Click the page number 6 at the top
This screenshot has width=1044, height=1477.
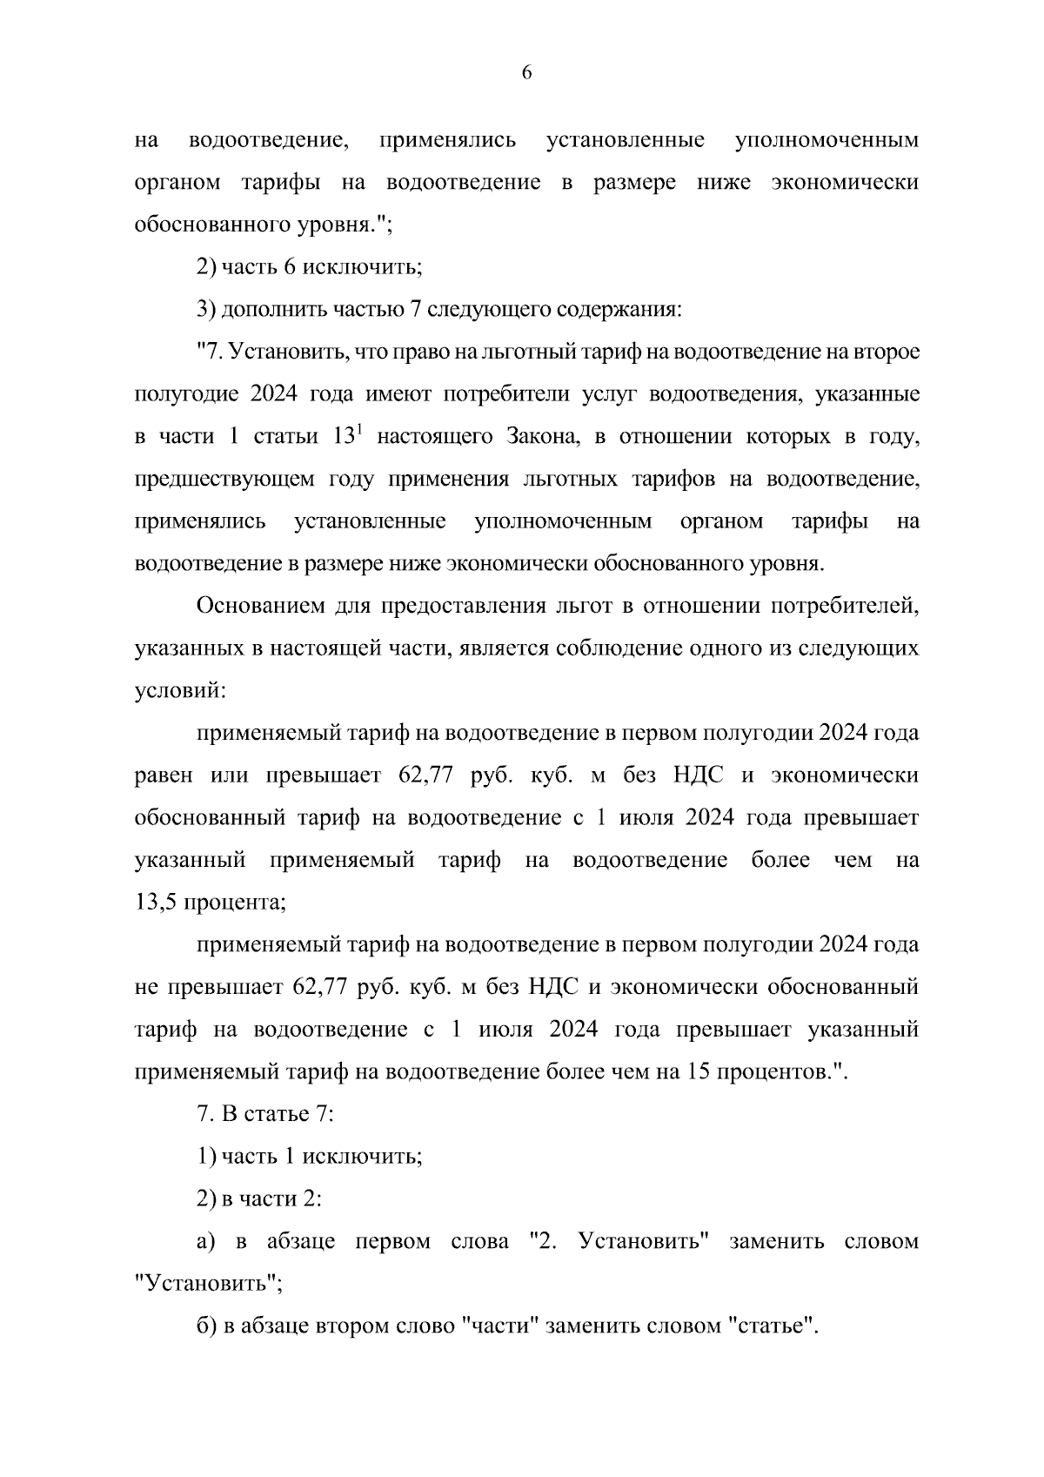tap(526, 73)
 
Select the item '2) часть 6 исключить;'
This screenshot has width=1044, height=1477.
tap(309, 266)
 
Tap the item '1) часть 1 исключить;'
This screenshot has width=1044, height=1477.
tap(309, 1158)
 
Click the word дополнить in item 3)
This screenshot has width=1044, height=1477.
tap(263, 309)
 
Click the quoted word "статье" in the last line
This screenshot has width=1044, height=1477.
tap(769, 1327)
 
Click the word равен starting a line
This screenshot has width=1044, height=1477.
tap(164, 775)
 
